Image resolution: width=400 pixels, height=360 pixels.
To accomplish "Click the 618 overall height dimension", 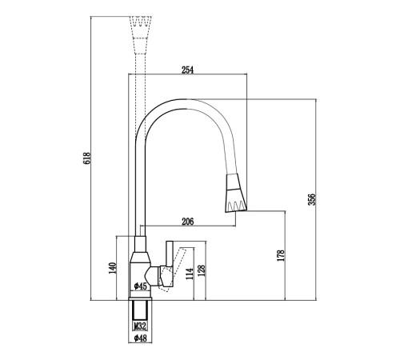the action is [x=87, y=158].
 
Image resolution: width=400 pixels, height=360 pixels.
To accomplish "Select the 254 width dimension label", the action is [x=188, y=70].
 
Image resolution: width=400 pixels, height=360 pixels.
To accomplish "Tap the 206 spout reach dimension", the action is [x=188, y=222].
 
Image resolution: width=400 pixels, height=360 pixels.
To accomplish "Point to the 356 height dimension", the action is [x=312, y=199].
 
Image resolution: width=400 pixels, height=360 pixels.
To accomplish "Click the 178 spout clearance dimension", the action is [x=281, y=255].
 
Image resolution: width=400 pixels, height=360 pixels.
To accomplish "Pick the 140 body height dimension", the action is [x=113, y=268].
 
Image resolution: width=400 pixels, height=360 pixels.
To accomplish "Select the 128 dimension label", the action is [x=202, y=270].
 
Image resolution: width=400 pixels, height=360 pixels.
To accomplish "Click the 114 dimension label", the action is [x=190, y=274].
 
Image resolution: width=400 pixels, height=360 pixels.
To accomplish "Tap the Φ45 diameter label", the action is [x=141, y=286].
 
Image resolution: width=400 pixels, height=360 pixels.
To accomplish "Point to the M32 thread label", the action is [x=140, y=326].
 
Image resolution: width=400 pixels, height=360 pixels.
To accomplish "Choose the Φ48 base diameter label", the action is [x=141, y=338].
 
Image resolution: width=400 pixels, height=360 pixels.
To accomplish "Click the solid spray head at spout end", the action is [x=236, y=194].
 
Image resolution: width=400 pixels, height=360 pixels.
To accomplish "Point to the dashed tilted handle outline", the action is [x=173, y=270].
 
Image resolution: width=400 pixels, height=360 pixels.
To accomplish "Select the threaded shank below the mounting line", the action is [x=140, y=310].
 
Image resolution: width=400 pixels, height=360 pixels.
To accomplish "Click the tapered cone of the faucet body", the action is [x=140, y=257].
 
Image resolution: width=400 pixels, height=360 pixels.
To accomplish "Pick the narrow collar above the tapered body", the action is [x=140, y=244].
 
